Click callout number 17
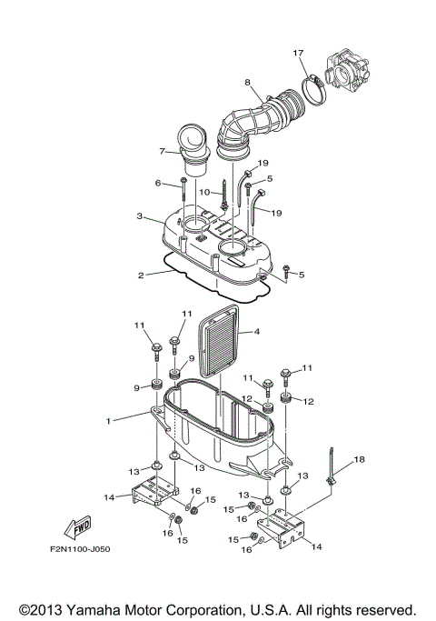click(x=297, y=54)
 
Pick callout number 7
click(x=163, y=151)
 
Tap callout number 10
click(x=204, y=192)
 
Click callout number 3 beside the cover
click(x=140, y=216)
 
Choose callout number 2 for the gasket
click(x=140, y=274)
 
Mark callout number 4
click(x=256, y=332)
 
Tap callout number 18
click(x=359, y=461)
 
